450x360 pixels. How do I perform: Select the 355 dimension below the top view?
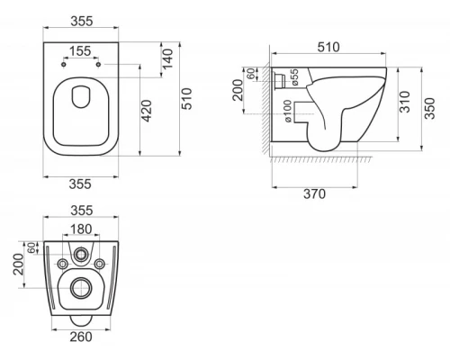coord(83,184)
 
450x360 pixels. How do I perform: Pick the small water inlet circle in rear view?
coord(83,255)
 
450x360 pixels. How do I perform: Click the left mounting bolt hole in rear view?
coord(60,264)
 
